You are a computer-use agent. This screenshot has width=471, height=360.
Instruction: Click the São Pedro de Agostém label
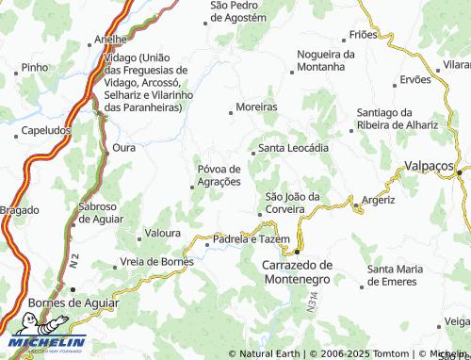coord(238,11)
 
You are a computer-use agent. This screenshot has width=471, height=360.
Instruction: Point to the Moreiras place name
coord(257,106)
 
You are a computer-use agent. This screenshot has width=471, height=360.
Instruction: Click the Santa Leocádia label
coord(294,148)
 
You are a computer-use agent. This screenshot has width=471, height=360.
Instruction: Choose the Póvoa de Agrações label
coord(219,174)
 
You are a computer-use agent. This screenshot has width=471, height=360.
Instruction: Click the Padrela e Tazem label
coord(247,239)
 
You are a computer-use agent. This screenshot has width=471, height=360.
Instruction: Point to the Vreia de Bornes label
coord(156,260)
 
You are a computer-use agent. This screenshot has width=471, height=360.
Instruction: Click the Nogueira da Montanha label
coord(326,59)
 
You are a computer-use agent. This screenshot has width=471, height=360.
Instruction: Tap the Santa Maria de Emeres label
coord(405,276)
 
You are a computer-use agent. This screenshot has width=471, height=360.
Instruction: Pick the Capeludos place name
coord(44,130)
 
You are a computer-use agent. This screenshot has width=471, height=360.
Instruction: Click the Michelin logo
coord(44,343)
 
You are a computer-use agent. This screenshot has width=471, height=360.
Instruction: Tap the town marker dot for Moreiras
coord(231,112)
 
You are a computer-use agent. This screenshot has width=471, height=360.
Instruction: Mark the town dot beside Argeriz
coord(352,201)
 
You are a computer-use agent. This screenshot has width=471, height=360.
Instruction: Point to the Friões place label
coord(363,34)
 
